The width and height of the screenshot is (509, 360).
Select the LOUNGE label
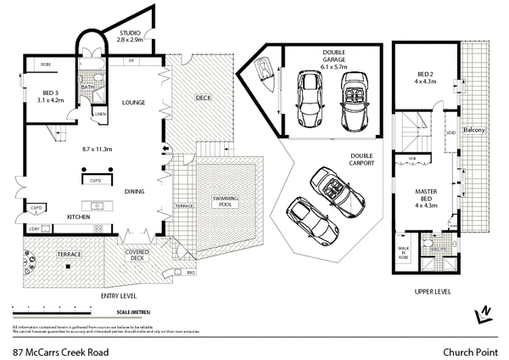coord(135,103)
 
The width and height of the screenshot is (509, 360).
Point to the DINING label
coord(134,192)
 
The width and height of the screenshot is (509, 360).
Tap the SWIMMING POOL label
coord(226,201)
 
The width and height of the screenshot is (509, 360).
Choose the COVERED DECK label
coord(137,256)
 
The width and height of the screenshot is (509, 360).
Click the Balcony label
coord(473,131)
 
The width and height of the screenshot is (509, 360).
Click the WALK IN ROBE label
coord(403,252)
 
